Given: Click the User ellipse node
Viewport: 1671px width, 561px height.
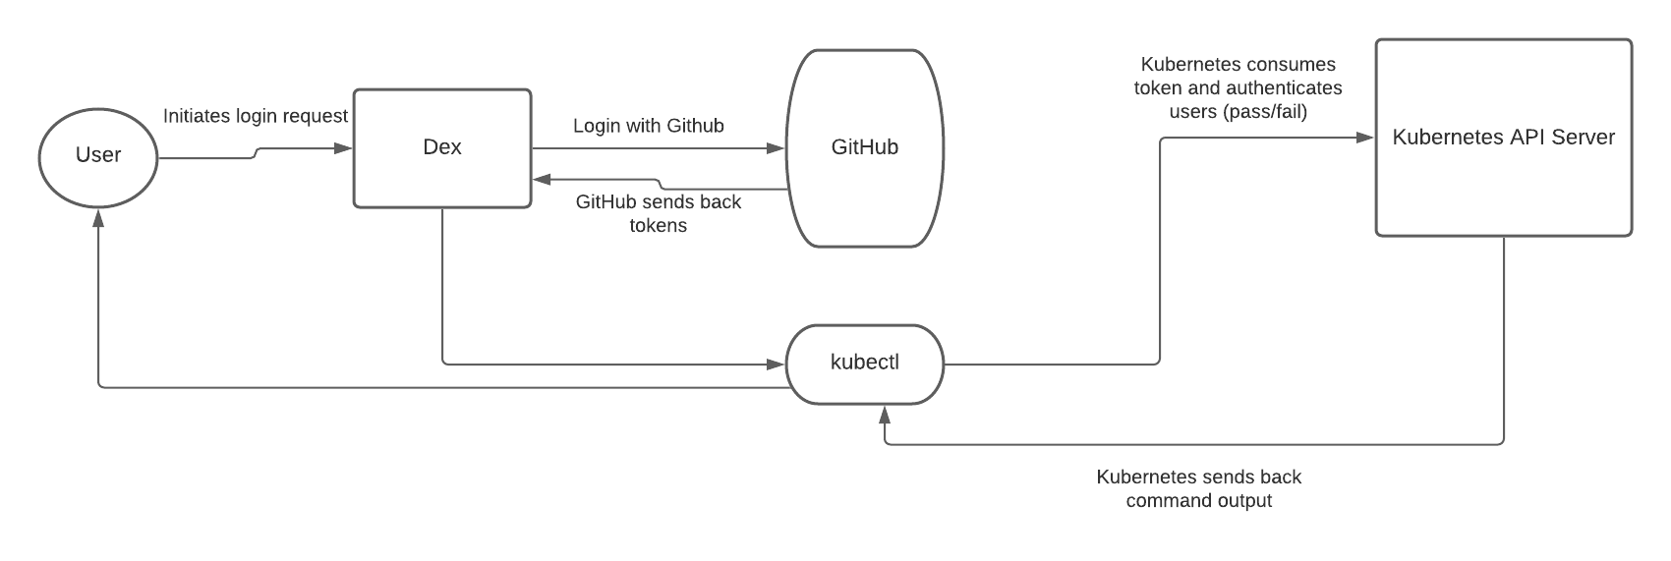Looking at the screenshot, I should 97,155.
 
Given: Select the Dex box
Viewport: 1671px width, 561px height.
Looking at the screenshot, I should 441,147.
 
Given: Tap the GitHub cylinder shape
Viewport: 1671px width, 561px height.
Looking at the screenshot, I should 864,147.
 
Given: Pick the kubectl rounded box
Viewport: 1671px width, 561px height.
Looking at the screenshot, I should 864,364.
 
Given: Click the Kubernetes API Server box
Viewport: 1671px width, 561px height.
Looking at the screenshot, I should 1503,138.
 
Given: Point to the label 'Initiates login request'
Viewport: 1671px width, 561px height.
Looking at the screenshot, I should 256,116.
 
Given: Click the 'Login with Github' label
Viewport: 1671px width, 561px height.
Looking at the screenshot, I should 649,126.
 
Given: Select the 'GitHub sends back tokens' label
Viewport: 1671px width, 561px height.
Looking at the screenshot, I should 659,213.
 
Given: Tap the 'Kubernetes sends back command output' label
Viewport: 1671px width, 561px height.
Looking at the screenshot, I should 1198,488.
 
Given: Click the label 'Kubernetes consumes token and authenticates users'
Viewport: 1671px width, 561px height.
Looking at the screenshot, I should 1238,88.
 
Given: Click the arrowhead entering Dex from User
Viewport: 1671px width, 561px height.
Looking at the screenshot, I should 345,148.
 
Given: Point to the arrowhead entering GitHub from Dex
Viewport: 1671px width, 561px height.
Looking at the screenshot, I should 778,148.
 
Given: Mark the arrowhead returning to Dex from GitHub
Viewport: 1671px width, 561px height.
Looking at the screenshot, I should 540,180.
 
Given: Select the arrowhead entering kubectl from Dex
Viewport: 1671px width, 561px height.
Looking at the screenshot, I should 778,365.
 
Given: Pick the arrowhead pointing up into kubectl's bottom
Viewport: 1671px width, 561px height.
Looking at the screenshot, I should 885,413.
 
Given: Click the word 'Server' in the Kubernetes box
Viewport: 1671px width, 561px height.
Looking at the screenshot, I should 1583,138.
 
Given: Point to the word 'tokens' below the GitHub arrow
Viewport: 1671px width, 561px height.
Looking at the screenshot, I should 659,225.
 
